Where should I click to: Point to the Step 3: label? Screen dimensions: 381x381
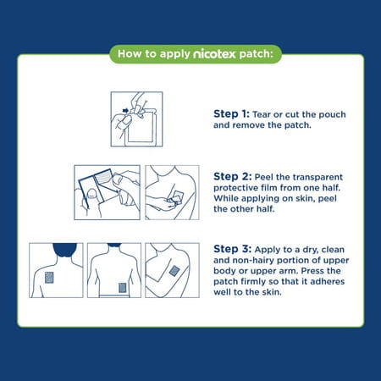pyautogui.click(x=230, y=249)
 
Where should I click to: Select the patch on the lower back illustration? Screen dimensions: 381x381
pyautogui.click(x=122, y=287)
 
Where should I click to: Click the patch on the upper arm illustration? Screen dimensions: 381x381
pyautogui.click(x=174, y=271)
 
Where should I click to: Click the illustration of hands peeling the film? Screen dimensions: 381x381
pyautogui.click(x=105, y=192)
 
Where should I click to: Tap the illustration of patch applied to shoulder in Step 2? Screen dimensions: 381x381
pyautogui.click(x=172, y=192)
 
